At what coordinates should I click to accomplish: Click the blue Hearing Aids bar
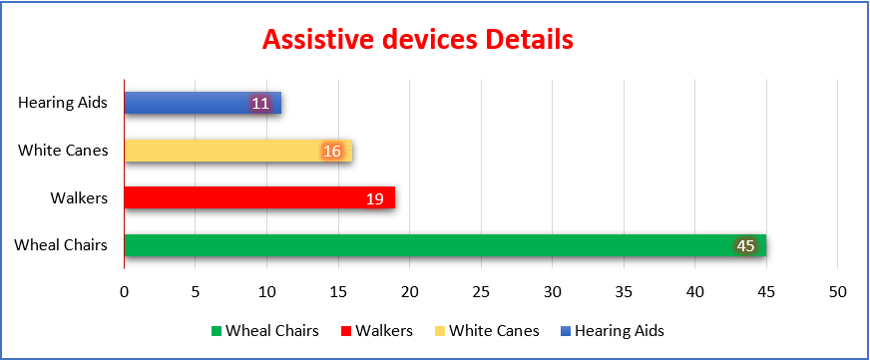(203, 103)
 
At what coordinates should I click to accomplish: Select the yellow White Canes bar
(238, 151)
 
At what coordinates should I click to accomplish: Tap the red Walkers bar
(259, 197)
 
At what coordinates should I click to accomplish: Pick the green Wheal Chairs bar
(445, 245)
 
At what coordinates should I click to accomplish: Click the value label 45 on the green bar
(745, 245)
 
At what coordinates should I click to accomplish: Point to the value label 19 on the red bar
(375, 198)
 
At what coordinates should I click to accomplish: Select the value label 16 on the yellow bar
(332, 151)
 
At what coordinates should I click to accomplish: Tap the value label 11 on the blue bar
(260, 104)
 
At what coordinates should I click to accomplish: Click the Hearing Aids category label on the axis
(63, 103)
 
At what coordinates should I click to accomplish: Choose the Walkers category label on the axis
(79, 197)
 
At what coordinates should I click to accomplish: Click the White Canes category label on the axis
(63, 151)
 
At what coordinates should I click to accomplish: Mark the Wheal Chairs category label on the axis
(61, 245)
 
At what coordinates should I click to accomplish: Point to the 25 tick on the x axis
(481, 292)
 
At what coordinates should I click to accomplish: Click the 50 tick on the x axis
(838, 292)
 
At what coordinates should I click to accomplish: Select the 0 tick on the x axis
(125, 292)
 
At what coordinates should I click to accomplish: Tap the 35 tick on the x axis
(624, 292)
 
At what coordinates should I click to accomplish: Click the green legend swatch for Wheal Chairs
(216, 332)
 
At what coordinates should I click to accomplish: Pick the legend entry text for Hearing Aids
(620, 331)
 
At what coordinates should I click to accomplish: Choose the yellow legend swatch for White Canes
(439, 332)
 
